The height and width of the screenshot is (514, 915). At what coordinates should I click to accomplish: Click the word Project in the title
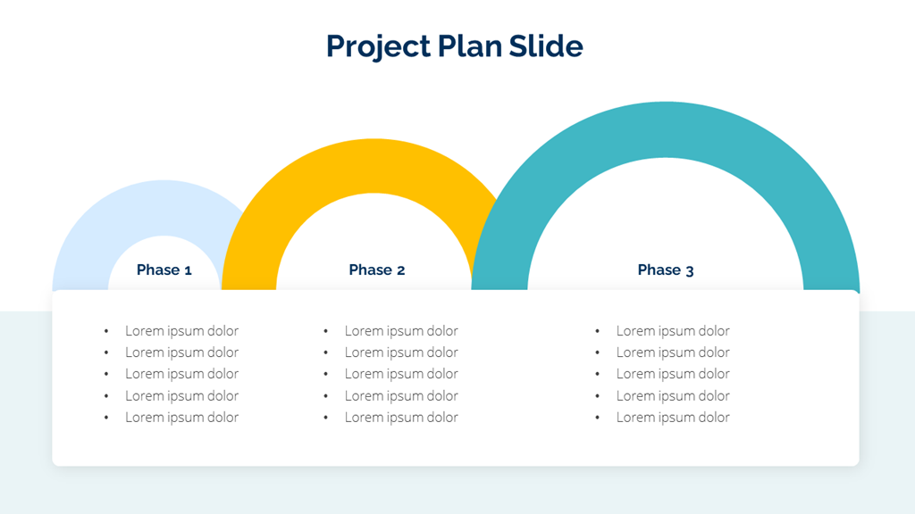(378, 46)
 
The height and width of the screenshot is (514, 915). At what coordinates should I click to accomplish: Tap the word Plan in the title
(470, 46)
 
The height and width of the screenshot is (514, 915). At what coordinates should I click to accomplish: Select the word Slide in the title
(546, 46)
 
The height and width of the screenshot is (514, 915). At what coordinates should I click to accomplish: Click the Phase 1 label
(164, 269)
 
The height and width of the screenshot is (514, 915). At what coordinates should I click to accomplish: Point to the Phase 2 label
(377, 269)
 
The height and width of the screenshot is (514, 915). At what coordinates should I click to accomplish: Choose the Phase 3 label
(665, 269)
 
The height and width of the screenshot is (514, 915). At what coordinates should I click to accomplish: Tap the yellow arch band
(374, 166)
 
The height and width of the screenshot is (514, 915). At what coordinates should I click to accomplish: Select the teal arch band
(665, 130)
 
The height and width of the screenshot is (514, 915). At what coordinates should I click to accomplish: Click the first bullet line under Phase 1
(181, 331)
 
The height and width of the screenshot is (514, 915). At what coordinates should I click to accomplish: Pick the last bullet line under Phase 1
(181, 418)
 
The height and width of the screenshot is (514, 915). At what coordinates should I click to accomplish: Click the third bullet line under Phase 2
(401, 374)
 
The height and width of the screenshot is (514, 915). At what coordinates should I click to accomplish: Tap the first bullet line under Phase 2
(401, 331)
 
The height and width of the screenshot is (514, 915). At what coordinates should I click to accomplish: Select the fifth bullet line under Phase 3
(673, 418)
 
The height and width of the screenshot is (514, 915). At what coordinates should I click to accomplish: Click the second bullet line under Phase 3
(673, 352)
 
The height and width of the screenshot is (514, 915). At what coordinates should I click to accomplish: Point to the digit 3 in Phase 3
(689, 271)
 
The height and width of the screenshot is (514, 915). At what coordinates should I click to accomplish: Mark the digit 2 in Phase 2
(401, 270)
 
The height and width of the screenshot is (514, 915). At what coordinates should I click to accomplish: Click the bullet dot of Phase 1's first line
(106, 331)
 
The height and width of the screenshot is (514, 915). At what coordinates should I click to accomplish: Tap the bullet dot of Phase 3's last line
(597, 418)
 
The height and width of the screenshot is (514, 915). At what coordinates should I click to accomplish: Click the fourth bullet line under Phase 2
(401, 395)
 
